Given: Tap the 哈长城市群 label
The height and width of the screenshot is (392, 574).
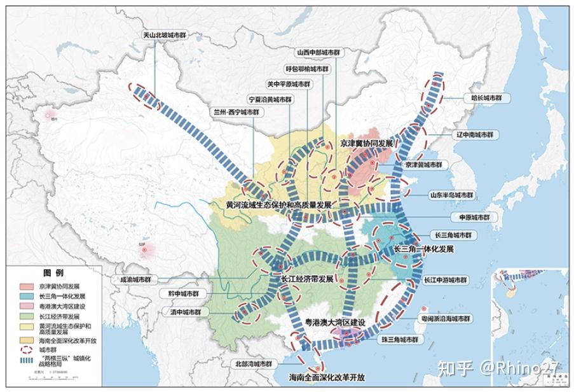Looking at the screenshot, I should [x=486, y=99].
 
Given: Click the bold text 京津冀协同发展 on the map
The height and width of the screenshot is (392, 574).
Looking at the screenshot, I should [x=367, y=144].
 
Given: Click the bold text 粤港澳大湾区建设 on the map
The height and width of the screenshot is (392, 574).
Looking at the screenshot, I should [x=327, y=323].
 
